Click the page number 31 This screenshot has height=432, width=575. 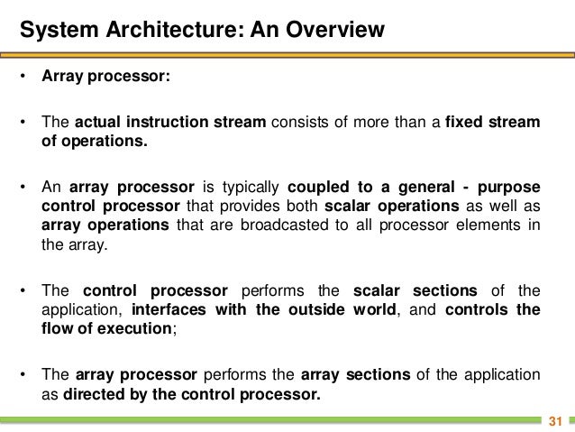(555, 421)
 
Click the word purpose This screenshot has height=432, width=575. (510, 187)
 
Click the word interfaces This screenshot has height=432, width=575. (166, 309)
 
